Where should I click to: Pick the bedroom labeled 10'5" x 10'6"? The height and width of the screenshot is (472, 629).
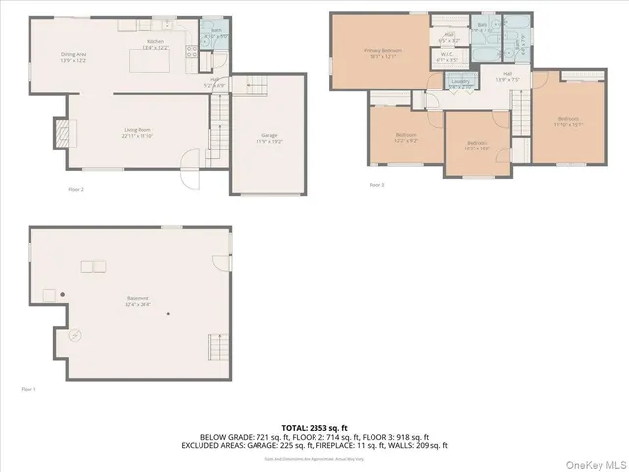[x=479, y=146]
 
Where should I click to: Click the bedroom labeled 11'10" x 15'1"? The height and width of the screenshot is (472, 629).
[x=569, y=122]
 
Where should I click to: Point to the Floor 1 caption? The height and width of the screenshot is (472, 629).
[x=29, y=390]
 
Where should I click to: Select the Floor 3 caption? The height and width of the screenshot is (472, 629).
[x=377, y=184]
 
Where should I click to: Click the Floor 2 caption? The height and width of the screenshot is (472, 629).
[x=76, y=188]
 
